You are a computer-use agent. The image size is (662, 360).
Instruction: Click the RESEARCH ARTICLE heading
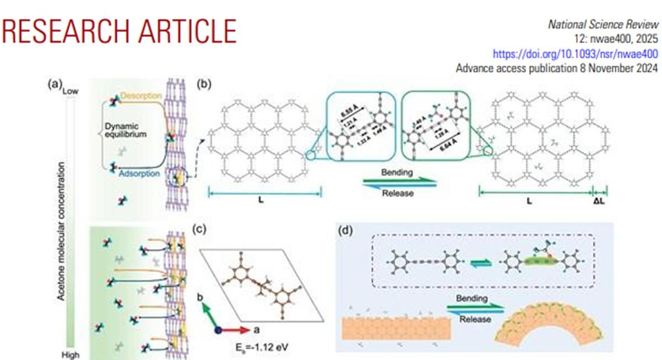119,32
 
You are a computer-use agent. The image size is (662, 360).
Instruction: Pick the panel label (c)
200,229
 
